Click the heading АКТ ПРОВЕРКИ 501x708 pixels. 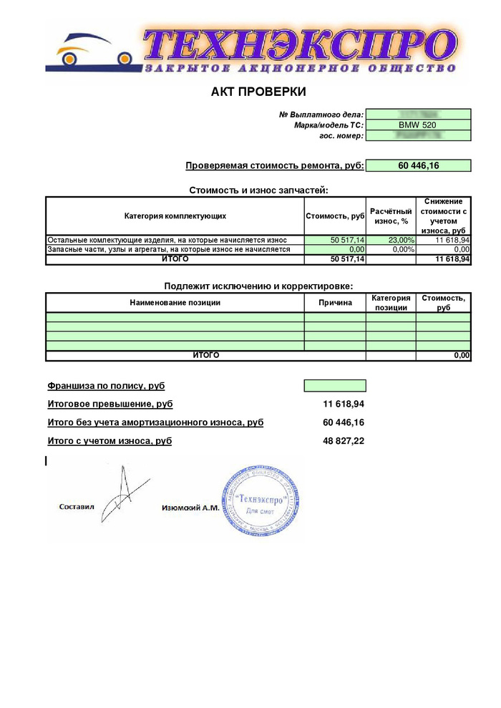click(258, 92)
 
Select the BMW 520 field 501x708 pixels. click(418, 125)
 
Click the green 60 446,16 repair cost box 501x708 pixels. click(418, 165)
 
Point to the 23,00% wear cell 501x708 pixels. click(391, 240)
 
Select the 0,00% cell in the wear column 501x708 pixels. click(391, 249)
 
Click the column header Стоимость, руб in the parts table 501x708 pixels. click(335, 215)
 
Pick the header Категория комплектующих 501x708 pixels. click(175, 215)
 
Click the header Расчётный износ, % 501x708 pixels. click(391, 215)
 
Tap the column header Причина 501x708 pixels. click(335, 302)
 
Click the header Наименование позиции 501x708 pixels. click(175, 302)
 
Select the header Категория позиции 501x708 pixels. click(391, 302)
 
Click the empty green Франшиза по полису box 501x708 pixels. click(335, 386)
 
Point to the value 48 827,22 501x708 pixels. click(344, 441)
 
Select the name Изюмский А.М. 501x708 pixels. click(190, 507)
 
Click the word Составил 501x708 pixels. click(77, 507)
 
